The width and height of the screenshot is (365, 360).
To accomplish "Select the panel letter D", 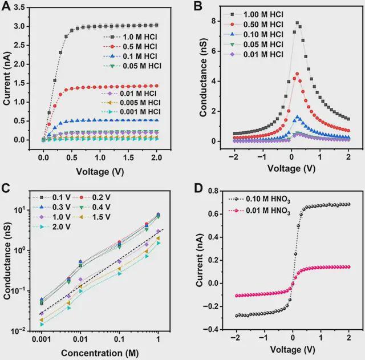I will click(198, 188).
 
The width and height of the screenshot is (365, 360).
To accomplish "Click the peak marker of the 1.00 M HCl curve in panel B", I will click(297, 23).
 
